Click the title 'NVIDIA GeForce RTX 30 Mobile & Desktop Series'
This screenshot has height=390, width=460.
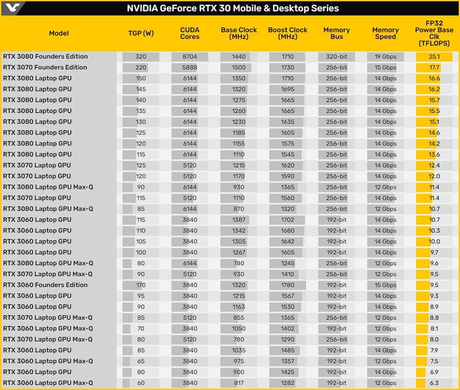(233, 9)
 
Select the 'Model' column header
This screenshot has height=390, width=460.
(59, 33)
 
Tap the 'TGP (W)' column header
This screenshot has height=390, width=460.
(141, 33)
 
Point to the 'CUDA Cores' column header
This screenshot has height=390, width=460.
(190, 33)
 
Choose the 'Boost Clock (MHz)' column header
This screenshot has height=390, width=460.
(287, 33)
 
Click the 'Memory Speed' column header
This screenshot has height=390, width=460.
(385, 33)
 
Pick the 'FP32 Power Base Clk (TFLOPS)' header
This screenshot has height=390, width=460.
(434, 33)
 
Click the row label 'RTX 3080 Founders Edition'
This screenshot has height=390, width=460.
(45, 57)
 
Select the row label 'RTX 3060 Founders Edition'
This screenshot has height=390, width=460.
(45, 285)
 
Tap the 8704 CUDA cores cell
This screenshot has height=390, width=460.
(190, 57)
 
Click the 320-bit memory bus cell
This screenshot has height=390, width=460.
(336, 57)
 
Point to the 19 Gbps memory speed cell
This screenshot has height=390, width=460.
(385, 57)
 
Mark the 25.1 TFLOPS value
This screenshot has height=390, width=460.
(434, 57)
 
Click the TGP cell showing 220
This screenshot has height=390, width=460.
(141, 67)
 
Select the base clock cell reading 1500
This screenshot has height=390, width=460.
(239, 67)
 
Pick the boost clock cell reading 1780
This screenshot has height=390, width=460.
(287, 285)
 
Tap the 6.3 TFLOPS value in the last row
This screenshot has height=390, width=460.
(434, 383)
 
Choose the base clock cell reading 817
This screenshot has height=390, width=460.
(239, 383)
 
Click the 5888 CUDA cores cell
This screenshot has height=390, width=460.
(190, 67)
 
